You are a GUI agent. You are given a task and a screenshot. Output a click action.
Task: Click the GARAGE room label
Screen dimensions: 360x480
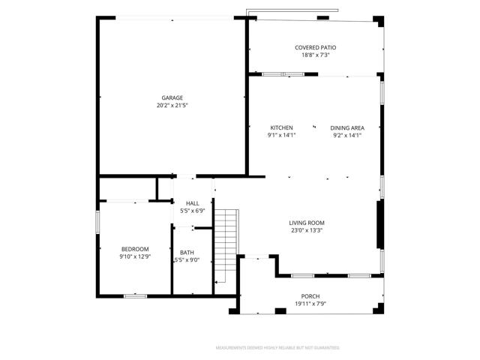click(x=172, y=97)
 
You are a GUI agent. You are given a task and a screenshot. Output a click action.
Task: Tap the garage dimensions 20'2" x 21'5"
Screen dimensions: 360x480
click(x=172, y=106)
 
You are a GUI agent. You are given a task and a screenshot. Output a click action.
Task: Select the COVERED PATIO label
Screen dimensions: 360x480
click(x=315, y=47)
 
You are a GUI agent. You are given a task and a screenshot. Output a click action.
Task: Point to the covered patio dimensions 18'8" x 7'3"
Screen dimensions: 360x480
click(x=315, y=55)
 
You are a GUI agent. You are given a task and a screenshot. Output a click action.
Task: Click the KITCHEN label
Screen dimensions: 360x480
click(x=281, y=127)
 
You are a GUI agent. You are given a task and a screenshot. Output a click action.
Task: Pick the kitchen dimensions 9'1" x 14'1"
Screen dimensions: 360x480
click(x=281, y=135)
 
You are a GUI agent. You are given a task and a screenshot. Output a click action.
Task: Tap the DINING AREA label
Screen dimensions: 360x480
click(x=347, y=127)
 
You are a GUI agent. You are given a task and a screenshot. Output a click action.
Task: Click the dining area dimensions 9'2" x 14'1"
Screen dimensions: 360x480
click(x=347, y=135)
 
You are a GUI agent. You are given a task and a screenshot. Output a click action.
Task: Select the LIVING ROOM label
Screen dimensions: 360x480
click(x=307, y=223)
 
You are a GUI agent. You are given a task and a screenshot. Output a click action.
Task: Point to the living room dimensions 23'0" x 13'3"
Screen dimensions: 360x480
click(x=307, y=231)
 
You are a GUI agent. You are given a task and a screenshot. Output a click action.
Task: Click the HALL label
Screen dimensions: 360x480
click(x=193, y=203)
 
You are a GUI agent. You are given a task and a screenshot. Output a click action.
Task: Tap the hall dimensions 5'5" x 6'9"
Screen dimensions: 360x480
click(x=193, y=211)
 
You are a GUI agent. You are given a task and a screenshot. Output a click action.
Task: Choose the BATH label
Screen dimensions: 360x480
click(x=186, y=252)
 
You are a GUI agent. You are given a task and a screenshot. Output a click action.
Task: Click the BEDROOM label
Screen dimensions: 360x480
click(x=135, y=249)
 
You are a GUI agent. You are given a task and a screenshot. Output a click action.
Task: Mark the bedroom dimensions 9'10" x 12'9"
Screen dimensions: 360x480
click(x=135, y=256)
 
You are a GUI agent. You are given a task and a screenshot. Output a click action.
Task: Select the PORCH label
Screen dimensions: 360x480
click(x=310, y=296)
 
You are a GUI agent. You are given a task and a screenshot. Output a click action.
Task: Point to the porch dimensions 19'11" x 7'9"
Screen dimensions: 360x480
click(x=310, y=304)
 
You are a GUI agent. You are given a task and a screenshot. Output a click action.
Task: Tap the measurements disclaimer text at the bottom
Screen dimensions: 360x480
click(x=277, y=348)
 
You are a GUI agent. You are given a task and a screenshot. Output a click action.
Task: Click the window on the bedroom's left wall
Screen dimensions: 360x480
click(x=97, y=223)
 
